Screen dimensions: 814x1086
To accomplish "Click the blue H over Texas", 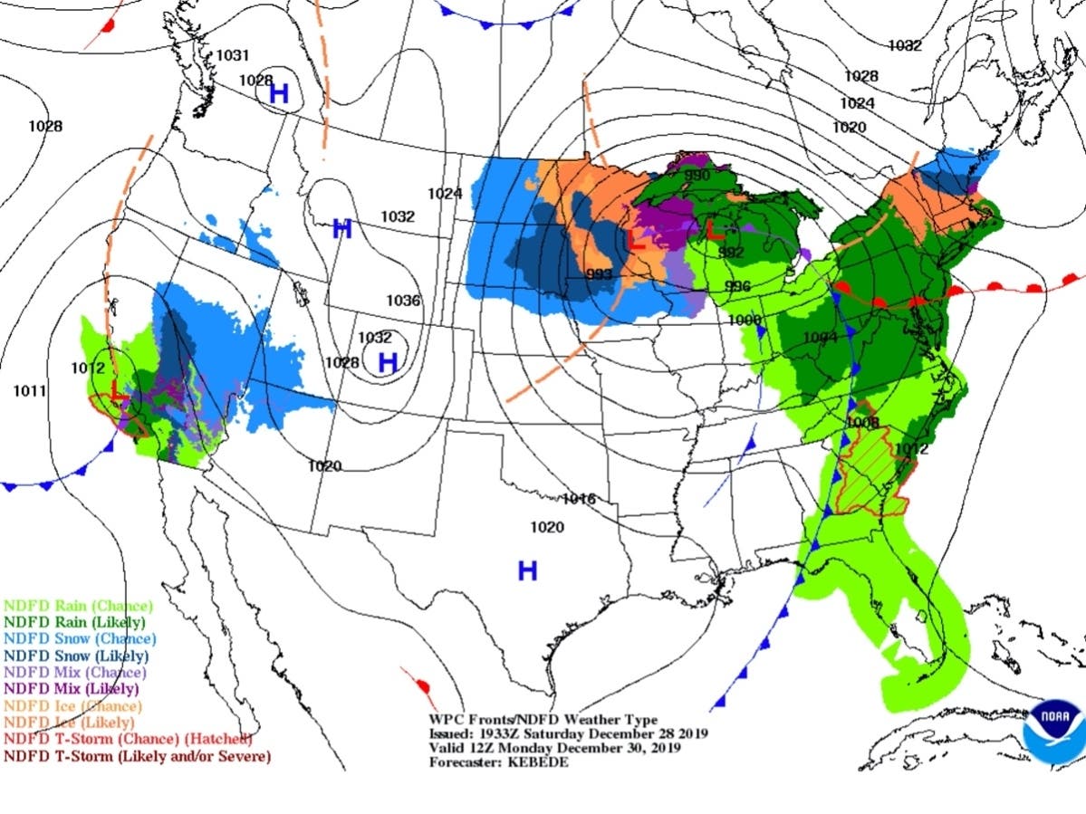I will pyautogui.click(x=527, y=570).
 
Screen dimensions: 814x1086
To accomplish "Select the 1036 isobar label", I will pyautogui.click(x=403, y=301).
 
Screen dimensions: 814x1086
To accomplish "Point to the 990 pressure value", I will pyautogui.click(x=697, y=175).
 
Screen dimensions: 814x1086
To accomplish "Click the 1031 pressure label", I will pyautogui.click(x=233, y=55).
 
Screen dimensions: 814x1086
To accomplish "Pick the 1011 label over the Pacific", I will pyautogui.click(x=30, y=390).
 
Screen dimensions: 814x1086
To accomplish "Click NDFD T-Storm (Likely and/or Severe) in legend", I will pyautogui.click(x=137, y=756).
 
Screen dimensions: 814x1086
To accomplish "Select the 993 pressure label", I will pyautogui.click(x=600, y=274).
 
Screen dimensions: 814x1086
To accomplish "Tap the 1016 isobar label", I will pyautogui.click(x=578, y=499).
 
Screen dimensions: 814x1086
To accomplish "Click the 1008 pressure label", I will pyautogui.click(x=862, y=422).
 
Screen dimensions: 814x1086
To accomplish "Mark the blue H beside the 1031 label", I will pyautogui.click(x=279, y=92).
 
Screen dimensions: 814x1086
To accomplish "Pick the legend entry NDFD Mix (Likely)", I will pyautogui.click(x=75, y=689).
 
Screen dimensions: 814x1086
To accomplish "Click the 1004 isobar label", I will pyautogui.click(x=819, y=338).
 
